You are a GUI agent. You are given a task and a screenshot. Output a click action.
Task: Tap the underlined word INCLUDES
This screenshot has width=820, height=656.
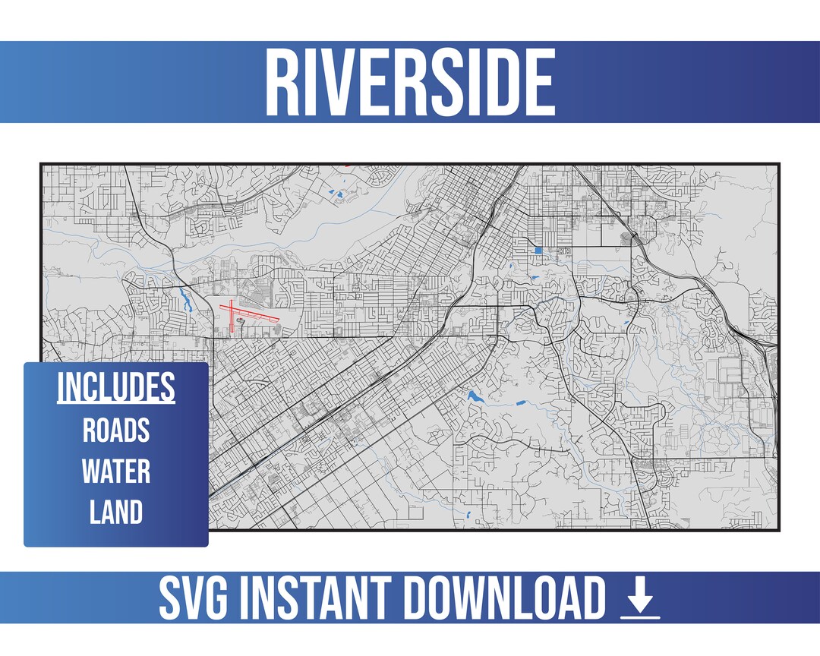pyautogui.click(x=115, y=387)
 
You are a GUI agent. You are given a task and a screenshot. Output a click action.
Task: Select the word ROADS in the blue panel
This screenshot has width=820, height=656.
pyautogui.click(x=115, y=430)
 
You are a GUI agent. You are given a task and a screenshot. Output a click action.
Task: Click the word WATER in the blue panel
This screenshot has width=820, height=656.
pyautogui.click(x=115, y=471)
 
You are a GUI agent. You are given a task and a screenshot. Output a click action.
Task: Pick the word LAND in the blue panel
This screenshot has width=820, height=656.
pyautogui.click(x=115, y=512)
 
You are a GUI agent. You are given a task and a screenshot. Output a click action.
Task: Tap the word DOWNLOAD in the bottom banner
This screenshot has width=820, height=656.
pyautogui.click(x=505, y=598)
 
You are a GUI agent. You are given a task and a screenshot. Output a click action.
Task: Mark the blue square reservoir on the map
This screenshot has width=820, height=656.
pyautogui.click(x=538, y=250)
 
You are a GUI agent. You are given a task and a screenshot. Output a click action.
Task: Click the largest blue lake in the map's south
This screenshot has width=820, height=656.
pyautogui.click(x=476, y=396)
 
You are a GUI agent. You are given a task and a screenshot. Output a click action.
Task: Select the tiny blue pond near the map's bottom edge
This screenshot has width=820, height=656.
pyautogui.click(x=469, y=516)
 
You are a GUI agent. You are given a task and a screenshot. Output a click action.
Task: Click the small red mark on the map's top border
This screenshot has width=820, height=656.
pyautogui.click(x=347, y=164)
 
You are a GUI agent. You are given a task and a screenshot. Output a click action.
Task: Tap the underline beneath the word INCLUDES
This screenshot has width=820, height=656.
pyautogui.click(x=115, y=402)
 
